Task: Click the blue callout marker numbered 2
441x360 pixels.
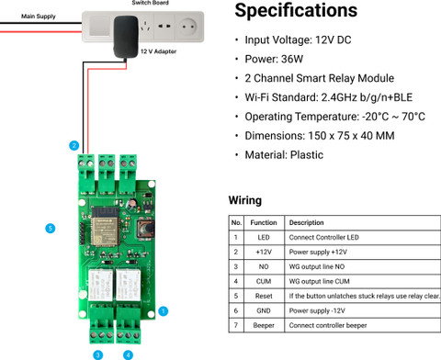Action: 73,145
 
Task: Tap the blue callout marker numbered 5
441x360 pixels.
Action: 51,228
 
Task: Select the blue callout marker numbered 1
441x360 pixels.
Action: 163,311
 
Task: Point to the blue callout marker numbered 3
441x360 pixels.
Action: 98,355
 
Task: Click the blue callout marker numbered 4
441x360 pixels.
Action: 128,355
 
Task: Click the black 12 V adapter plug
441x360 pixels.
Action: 126,37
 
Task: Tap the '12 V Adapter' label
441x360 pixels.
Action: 158,51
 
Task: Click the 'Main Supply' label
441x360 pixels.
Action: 39,17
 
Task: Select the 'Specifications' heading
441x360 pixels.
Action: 296,10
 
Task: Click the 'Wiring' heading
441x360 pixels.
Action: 245,200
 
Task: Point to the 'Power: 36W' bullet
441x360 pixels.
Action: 274,59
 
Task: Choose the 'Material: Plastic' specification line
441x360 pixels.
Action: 284,155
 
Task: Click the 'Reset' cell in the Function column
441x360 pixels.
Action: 264,296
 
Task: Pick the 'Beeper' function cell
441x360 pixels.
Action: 264,325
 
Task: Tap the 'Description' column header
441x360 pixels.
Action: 306,222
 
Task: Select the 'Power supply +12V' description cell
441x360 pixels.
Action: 318,252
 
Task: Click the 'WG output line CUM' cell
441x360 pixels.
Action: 319,281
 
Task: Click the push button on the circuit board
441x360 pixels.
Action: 145,229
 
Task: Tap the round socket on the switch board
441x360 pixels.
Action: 187,27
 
